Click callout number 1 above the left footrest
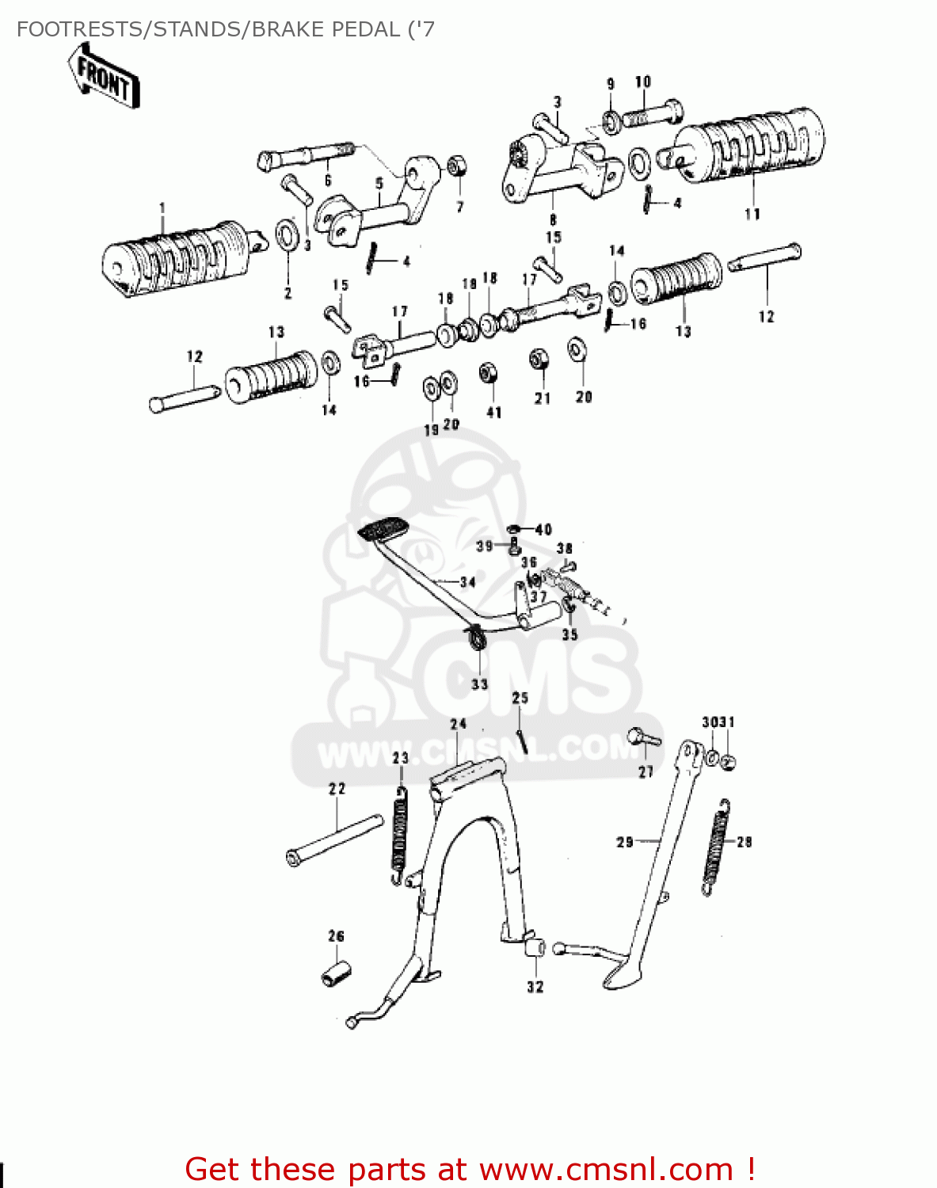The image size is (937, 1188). (x=162, y=209)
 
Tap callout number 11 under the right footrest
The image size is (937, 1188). (x=752, y=213)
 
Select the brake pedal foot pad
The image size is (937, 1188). (x=381, y=528)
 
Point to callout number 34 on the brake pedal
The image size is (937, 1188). (x=467, y=582)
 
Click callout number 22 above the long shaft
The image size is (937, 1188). (x=337, y=789)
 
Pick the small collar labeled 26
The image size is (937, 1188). (x=336, y=973)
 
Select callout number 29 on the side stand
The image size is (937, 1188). (x=625, y=842)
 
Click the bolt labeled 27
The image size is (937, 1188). (x=643, y=738)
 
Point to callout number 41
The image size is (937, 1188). (x=493, y=413)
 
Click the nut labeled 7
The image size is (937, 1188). (x=456, y=167)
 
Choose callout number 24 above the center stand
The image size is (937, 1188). (x=459, y=724)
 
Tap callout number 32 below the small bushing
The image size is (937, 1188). (x=535, y=987)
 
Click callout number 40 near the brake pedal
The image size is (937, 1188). (x=543, y=530)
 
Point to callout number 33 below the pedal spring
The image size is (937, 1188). (x=479, y=684)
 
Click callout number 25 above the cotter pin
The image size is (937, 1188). (x=520, y=698)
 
